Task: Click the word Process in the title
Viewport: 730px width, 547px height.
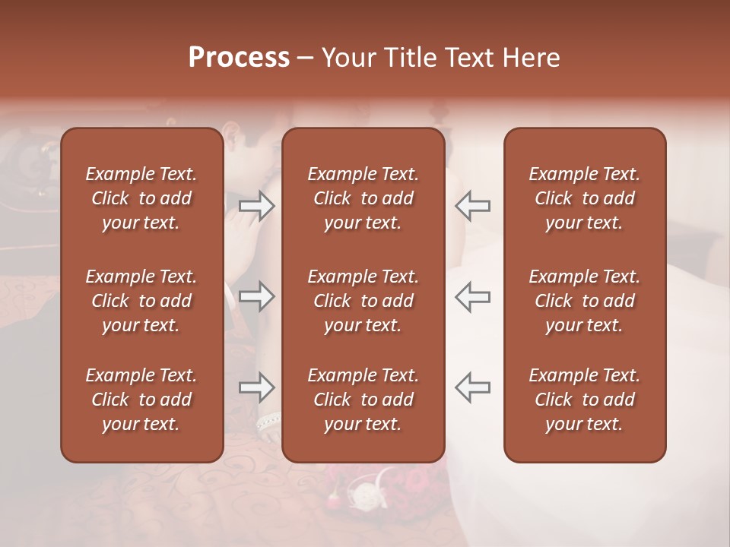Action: click(x=239, y=58)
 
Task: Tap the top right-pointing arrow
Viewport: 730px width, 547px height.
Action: click(x=256, y=206)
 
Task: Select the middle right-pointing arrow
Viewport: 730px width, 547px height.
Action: click(x=256, y=296)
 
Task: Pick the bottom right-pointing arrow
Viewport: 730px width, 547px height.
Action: click(x=256, y=387)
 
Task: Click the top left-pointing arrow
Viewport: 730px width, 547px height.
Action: click(x=473, y=206)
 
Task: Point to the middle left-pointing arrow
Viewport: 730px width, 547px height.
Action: click(x=473, y=296)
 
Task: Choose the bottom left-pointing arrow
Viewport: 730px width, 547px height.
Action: click(x=473, y=387)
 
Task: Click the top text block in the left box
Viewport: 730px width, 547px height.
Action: click(x=141, y=198)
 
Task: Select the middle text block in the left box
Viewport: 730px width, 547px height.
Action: click(x=141, y=301)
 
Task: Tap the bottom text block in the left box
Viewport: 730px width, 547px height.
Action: click(x=141, y=400)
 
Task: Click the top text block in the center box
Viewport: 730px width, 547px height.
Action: click(x=363, y=198)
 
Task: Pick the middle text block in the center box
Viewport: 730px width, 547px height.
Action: click(x=363, y=301)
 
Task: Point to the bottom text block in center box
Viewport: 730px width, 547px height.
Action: click(x=363, y=400)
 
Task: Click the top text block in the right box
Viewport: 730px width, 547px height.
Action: click(x=584, y=198)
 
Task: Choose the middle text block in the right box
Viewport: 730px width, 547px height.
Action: click(x=584, y=301)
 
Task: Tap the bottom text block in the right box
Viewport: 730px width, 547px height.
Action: click(x=584, y=400)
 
